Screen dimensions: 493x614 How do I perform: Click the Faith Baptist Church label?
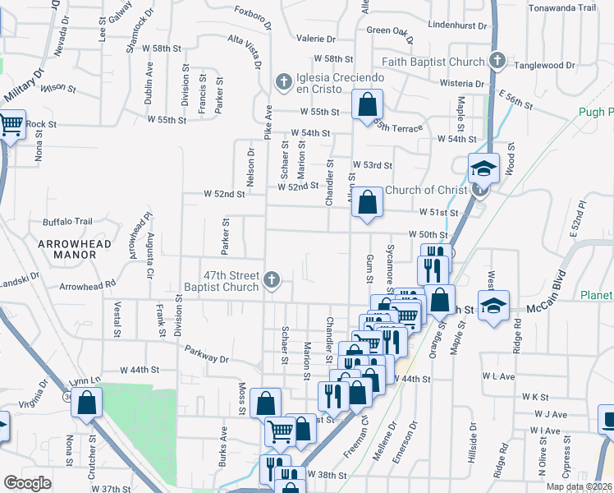(x=433, y=62)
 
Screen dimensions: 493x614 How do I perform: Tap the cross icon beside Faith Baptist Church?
(x=497, y=61)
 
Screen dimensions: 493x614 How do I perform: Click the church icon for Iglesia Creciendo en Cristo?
(x=282, y=81)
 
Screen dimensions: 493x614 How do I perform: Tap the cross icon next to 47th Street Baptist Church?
(x=270, y=282)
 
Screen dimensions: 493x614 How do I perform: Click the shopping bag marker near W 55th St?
(x=367, y=105)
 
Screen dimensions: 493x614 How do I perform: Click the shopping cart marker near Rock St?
(x=11, y=126)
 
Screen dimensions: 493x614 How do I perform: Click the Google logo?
(x=27, y=483)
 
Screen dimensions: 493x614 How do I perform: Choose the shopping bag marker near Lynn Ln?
(x=89, y=403)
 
